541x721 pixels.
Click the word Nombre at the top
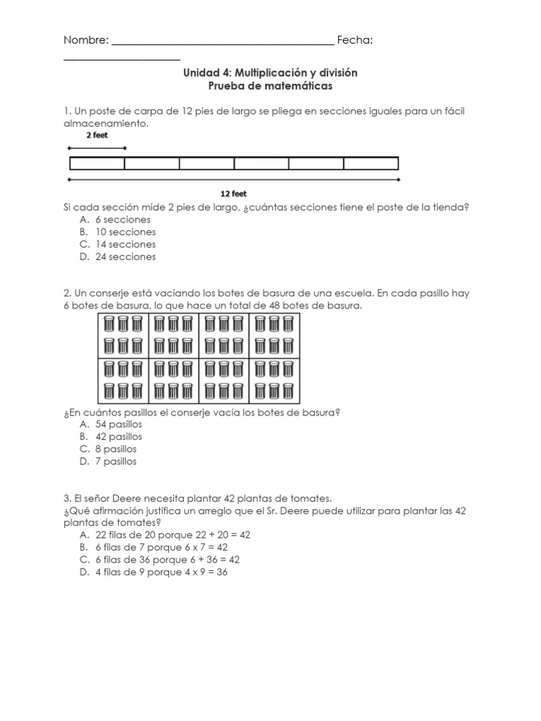85,41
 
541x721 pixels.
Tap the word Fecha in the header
354,41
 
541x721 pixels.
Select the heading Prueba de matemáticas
270,86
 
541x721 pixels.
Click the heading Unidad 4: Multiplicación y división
270,73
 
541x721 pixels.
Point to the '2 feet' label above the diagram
97,135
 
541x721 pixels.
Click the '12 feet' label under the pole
234,194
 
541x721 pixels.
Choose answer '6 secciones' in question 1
123,220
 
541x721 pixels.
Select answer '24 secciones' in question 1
125,257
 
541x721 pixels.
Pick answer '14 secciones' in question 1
125,244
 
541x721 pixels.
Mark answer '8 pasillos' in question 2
116,449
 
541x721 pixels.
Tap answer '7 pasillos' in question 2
116,462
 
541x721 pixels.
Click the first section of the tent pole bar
97,163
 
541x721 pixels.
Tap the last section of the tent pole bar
371,163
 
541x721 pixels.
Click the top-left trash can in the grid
109,324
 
